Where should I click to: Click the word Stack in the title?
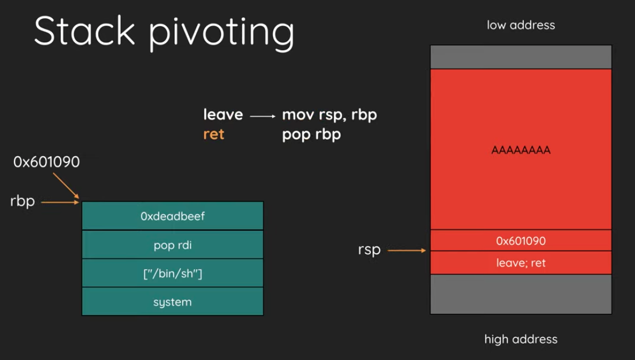tap(84, 31)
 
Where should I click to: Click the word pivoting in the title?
tap(221, 33)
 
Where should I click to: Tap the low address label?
tap(521, 25)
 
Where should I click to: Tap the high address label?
tap(521, 339)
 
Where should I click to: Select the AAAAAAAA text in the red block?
tap(521, 150)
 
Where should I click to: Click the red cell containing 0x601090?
tap(521, 240)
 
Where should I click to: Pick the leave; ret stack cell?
tap(521, 263)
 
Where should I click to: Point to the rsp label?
tap(370, 250)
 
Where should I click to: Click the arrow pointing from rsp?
tap(407, 250)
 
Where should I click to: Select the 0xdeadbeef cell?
tap(173, 216)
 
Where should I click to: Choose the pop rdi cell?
tap(173, 245)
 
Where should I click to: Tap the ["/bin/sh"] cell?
tap(173, 273)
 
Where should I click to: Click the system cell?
tap(173, 302)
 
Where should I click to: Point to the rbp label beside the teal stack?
tap(23, 201)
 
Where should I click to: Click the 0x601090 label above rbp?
tap(47, 162)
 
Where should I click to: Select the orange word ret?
tap(213, 134)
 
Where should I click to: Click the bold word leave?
tap(223, 115)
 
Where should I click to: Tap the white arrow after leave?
tap(263, 116)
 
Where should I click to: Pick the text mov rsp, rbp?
tap(329, 115)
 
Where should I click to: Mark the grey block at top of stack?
tap(521, 57)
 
